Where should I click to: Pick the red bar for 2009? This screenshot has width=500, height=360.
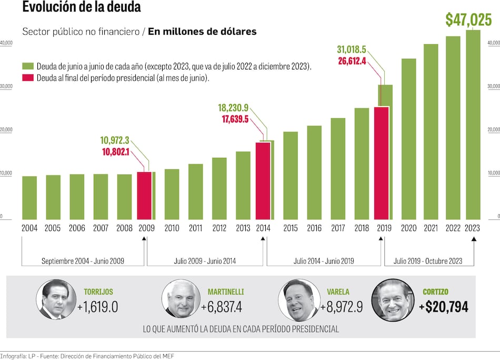144,195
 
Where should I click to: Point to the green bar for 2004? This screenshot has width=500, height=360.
29,197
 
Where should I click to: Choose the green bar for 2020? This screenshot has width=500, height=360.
408,139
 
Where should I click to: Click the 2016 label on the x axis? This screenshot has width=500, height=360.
314,228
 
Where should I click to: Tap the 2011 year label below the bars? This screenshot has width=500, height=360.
195,228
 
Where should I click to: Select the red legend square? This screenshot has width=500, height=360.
27,78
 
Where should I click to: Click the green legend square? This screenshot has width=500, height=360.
27,66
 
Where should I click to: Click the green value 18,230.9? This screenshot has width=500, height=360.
233,108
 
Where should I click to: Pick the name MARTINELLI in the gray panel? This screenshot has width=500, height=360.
226,292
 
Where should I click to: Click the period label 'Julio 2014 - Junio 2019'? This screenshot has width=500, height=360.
324,261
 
